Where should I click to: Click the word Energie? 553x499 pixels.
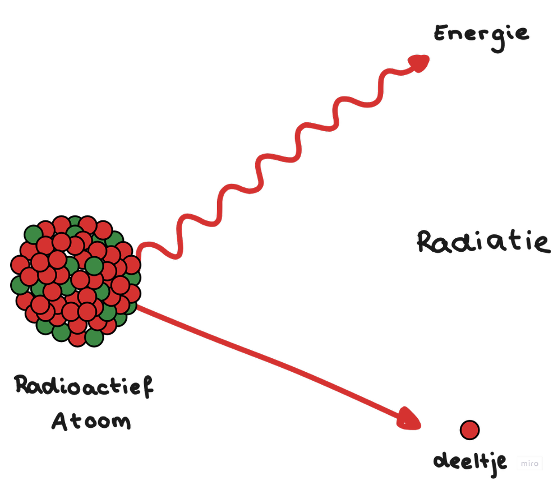click(x=481, y=35)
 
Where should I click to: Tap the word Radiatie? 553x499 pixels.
click(x=482, y=242)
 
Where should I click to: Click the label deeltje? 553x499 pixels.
click(x=470, y=462)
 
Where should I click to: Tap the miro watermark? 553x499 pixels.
click(x=529, y=463)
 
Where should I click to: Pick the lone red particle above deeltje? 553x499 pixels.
click(x=469, y=430)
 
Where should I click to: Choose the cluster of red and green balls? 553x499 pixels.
click(x=76, y=280)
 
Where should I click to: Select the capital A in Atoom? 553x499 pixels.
click(x=60, y=421)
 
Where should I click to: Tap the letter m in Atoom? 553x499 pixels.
click(x=120, y=422)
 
